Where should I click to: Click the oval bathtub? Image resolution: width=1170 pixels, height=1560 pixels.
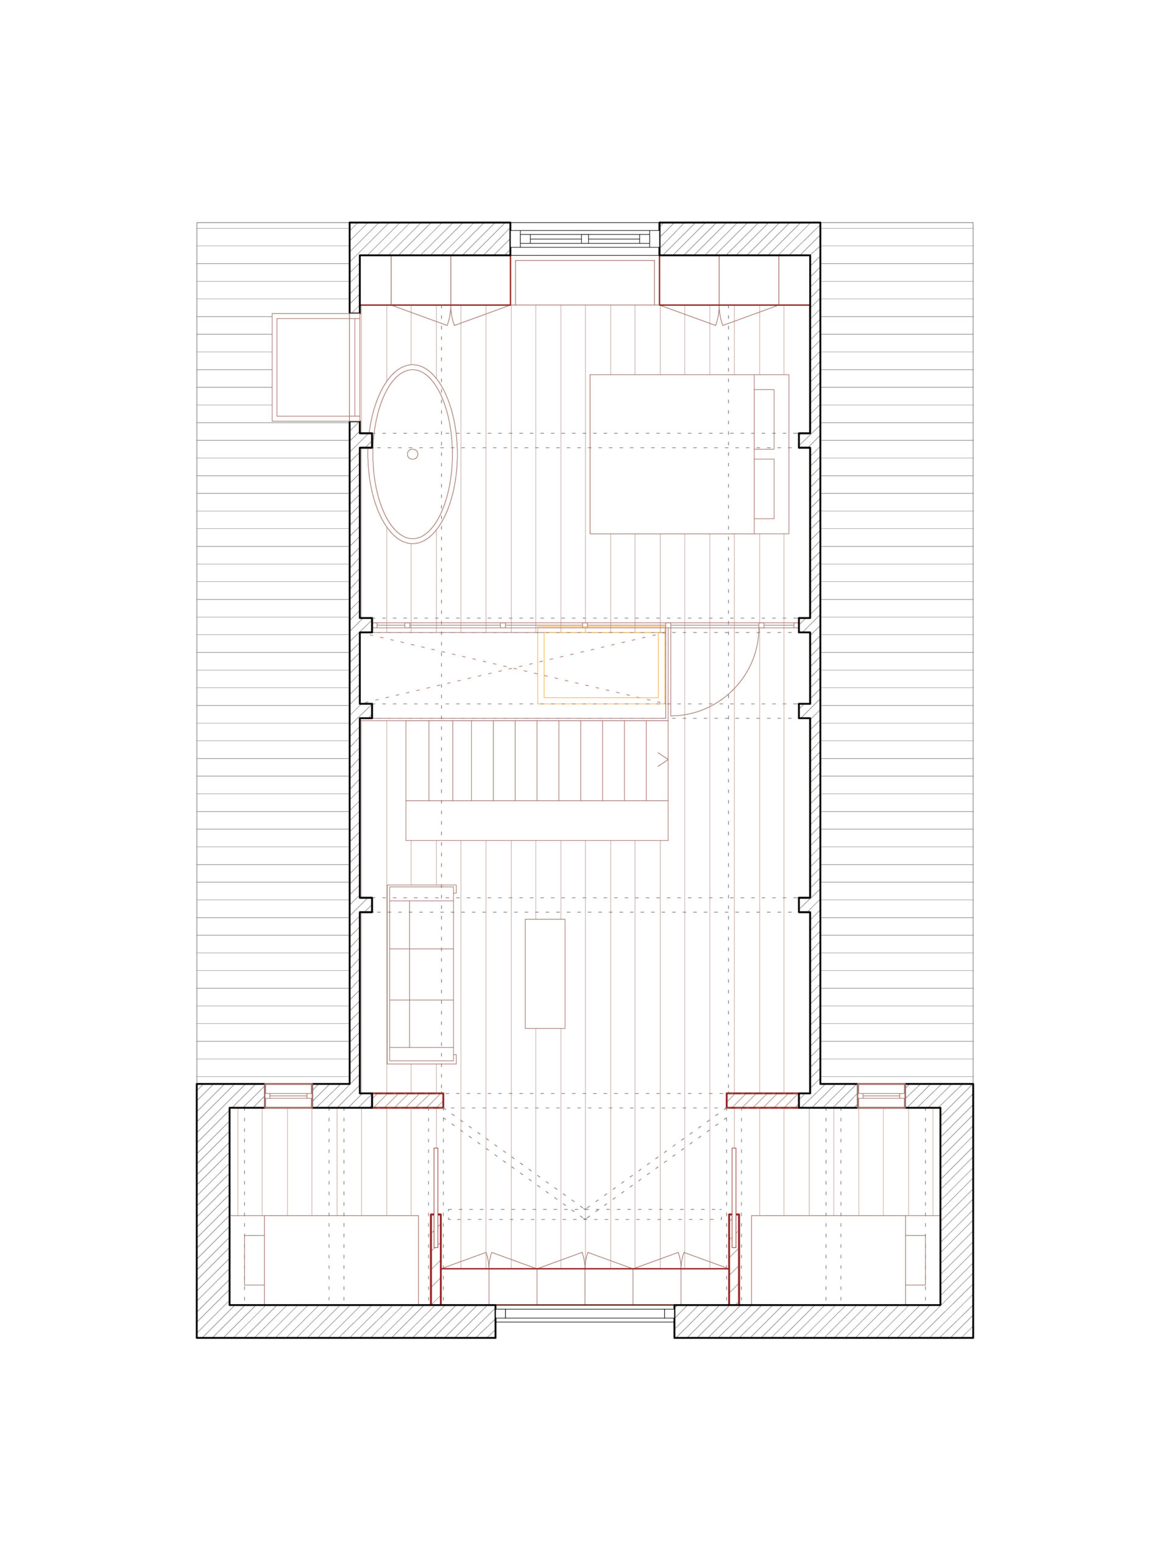pos(413,454)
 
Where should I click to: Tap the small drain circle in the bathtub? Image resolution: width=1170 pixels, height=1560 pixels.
pos(413,454)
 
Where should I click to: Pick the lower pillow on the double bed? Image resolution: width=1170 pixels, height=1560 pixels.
pos(764,489)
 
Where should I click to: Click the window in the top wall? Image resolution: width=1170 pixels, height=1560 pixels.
pos(584,239)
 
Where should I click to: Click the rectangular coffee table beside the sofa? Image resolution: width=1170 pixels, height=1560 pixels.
pos(544,973)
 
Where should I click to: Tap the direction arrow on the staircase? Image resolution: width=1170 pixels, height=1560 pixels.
pos(662,759)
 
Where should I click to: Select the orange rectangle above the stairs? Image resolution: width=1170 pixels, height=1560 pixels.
pos(601,664)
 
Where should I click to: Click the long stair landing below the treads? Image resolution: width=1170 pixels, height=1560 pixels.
pos(536,820)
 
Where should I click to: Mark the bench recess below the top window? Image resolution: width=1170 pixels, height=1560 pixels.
pos(584,282)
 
